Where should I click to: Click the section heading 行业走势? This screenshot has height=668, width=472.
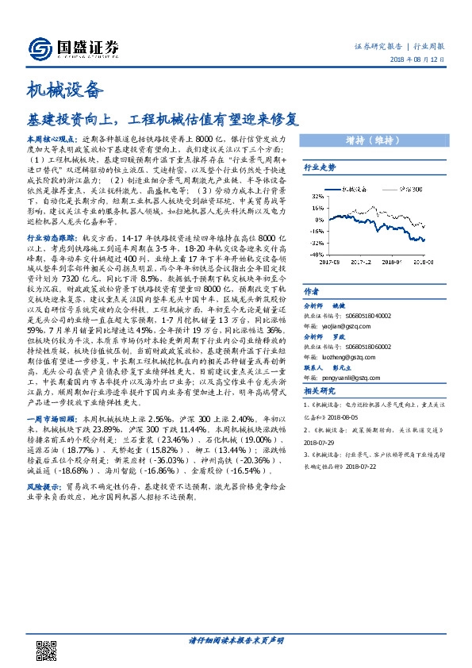point(320,169)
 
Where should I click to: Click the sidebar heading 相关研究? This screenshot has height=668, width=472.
point(320,393)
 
